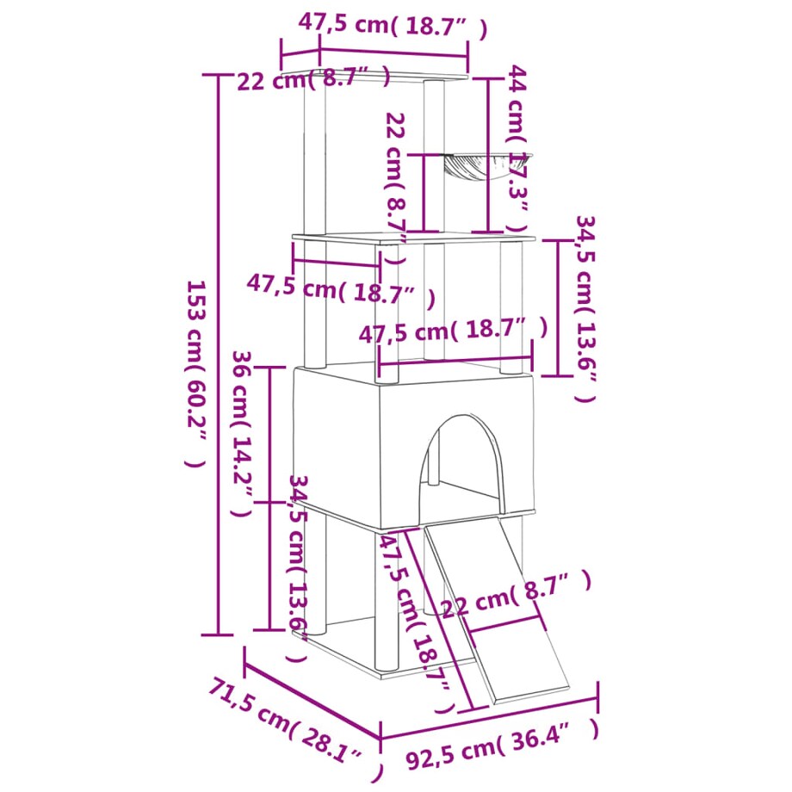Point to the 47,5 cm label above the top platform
(392, 26)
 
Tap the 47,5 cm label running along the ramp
(415, 620)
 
